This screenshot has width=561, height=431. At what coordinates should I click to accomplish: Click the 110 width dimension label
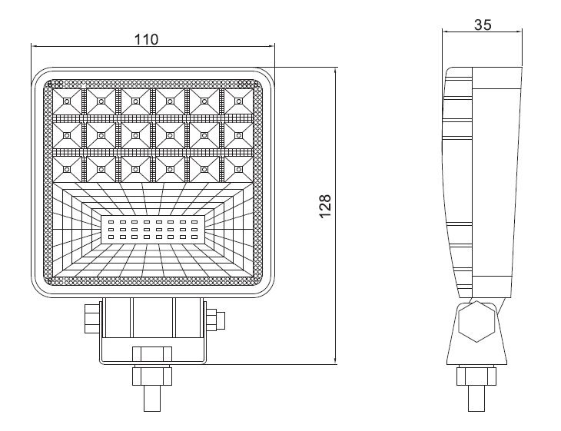pos(146,39)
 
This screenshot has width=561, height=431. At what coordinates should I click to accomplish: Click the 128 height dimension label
pos(325,207)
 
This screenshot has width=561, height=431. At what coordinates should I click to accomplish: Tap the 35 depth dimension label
pos(483,25)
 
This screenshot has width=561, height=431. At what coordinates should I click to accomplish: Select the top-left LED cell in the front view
pos(67,101)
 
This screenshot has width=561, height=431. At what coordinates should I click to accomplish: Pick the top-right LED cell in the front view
pos(239,101)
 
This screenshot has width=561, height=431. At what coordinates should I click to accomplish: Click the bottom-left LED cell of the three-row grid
pos(67,169)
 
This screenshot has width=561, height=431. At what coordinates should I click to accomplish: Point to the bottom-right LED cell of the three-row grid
pos(239,169)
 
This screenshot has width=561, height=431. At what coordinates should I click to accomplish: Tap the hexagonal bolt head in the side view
pos(476,321)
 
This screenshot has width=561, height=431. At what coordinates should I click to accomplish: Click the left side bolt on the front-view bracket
pos(93,318)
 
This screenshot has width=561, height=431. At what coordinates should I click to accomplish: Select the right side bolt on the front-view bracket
pos(215,318)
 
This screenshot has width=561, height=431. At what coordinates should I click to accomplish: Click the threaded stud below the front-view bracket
pos(152,398)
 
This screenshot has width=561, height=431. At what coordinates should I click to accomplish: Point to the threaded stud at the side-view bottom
pos(476,398)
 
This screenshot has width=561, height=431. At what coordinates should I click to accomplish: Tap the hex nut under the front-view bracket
pos(152,376)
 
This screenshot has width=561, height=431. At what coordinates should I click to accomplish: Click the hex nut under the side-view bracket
pos(476,376)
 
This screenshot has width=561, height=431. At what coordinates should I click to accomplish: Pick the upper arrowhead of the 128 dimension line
pos(335,71)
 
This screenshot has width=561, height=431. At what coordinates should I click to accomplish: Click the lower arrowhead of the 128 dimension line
pos(335,360)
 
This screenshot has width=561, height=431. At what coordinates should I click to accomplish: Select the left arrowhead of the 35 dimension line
pos(446,31)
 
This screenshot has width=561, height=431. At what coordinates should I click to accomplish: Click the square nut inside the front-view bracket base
pos(152,354)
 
